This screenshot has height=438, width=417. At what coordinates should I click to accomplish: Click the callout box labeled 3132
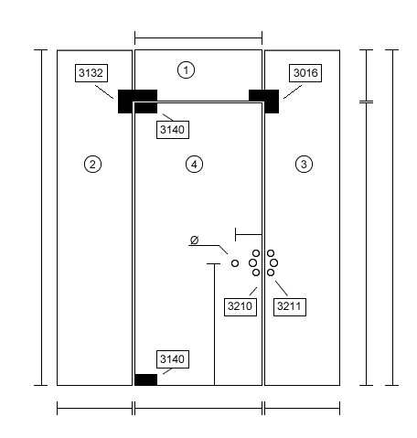point(91,73)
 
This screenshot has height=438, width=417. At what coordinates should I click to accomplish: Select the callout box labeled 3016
point(305,73)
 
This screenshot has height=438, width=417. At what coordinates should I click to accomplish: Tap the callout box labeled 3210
point(241,307)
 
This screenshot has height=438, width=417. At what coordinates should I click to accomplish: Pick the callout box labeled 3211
point(290,307)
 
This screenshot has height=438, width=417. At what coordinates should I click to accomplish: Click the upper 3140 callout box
point(173,130)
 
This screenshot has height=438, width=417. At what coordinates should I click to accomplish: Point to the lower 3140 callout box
point(173,359)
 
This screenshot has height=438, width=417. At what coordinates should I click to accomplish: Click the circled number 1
point(186,70)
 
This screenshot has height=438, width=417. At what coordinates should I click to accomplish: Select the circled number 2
point(92,165)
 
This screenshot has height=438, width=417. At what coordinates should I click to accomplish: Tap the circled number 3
point(304,165)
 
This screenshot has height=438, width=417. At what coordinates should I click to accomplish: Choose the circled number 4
point(194,165)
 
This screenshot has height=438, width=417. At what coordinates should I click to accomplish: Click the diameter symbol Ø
point(194,240)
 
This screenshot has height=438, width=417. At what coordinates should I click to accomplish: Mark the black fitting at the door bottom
point(146,379)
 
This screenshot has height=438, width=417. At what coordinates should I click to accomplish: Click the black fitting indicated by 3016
point(264,101)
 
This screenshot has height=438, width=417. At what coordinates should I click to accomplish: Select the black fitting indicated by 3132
point(137,101)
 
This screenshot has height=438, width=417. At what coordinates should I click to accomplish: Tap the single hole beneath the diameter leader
point(235,263)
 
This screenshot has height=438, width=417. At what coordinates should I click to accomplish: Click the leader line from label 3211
point(282,288)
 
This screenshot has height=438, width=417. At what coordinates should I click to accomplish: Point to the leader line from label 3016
point(293,91)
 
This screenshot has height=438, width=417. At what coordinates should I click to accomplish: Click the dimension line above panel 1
point(198,38)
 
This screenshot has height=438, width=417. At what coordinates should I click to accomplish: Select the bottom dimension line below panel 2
point(95,409)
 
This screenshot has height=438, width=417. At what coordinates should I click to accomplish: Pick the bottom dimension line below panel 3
point(302,409)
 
